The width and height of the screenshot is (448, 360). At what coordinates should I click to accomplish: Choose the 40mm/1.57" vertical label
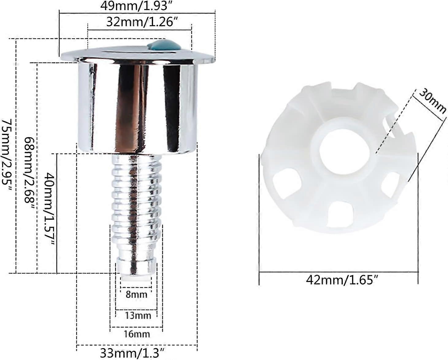(50, 209)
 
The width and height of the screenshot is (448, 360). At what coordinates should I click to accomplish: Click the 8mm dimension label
(136, 295)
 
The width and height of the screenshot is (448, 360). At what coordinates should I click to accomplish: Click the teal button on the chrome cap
(164, 45)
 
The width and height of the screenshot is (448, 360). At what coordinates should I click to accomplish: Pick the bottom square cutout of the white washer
(338, 214)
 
